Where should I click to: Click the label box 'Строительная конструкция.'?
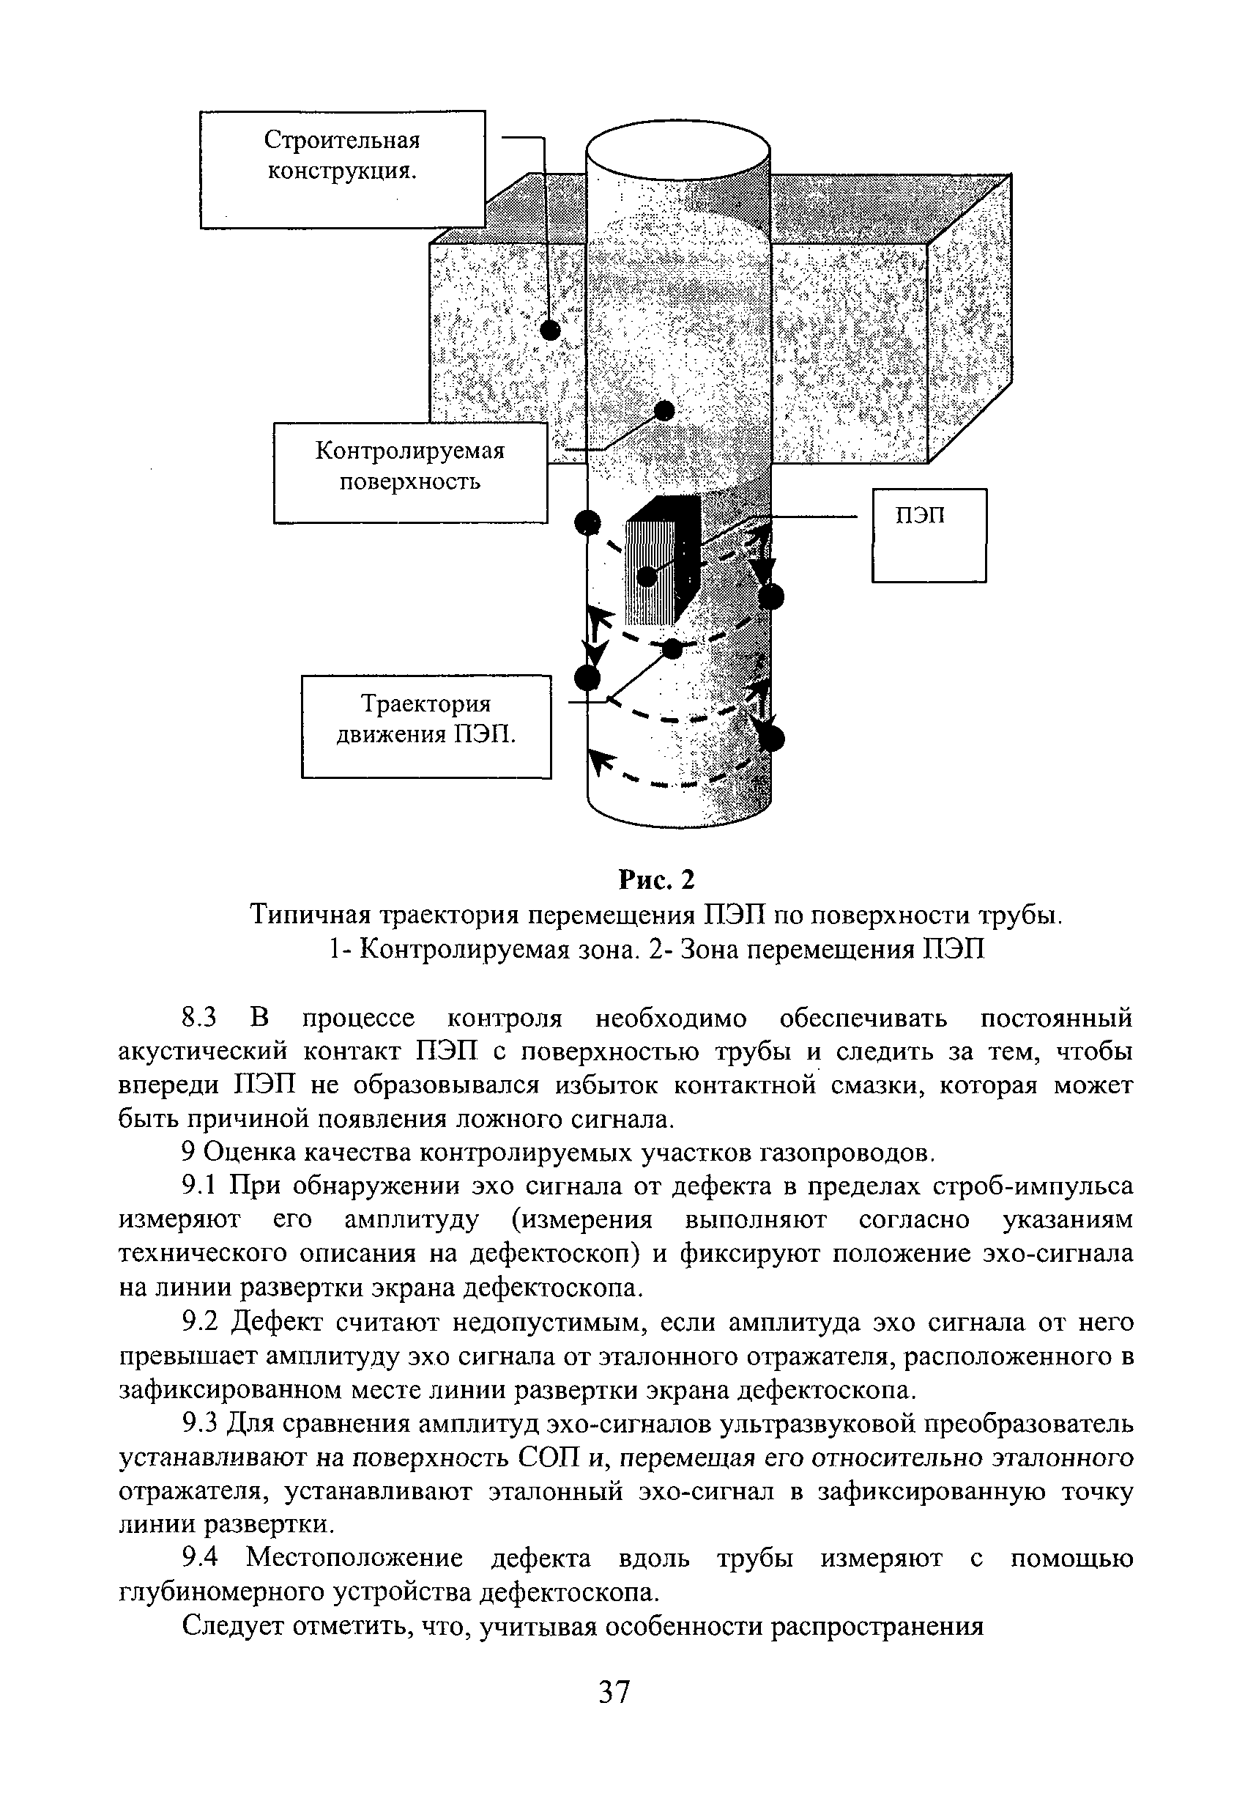point(343,169)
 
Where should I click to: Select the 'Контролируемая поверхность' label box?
point(410,473)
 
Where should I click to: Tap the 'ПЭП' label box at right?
point(929,535)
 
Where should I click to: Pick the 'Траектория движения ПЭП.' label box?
point(426,726)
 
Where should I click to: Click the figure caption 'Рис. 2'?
point(655,880)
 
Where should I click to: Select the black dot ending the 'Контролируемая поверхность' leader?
point(665,410)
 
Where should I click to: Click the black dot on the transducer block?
point(647,577)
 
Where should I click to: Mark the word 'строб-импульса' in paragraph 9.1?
point(1033,1186)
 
